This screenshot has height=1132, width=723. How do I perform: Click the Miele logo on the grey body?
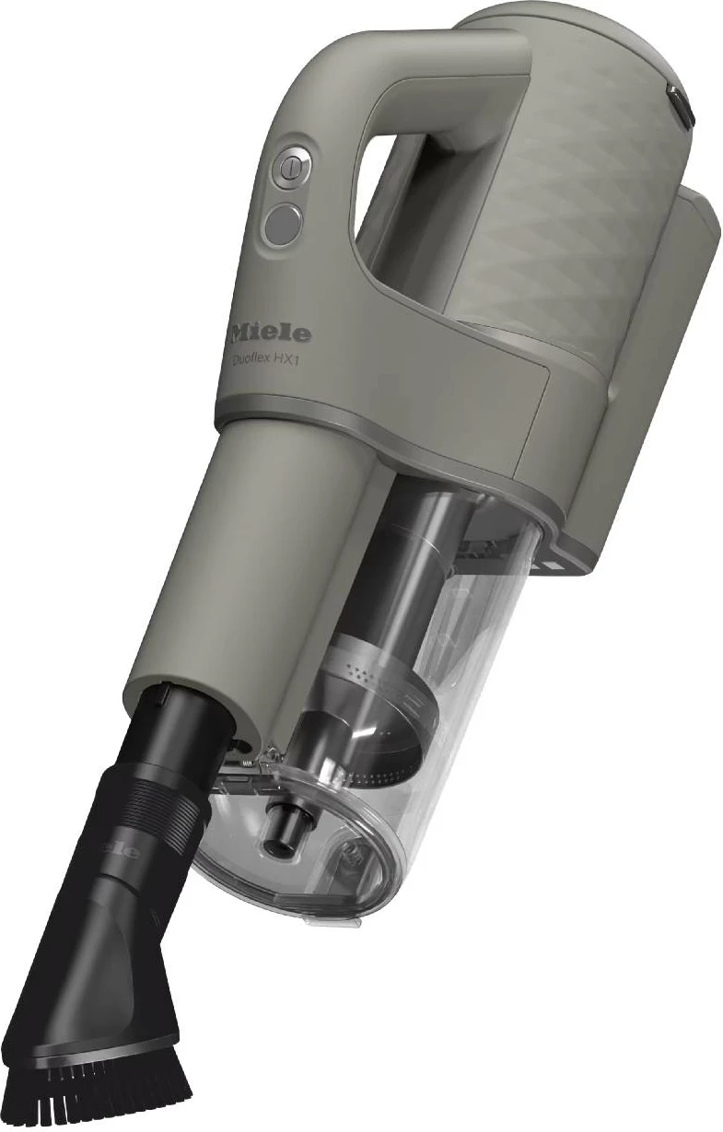click(x=270, y=332)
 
